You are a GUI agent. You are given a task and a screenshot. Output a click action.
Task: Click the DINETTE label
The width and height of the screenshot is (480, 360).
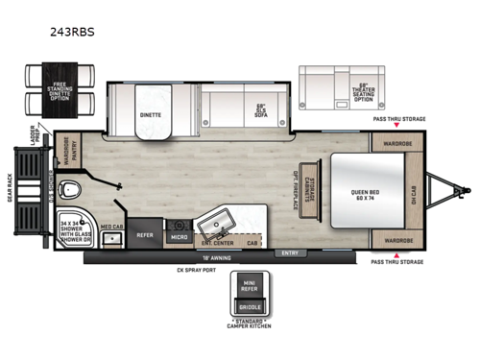[152, 112]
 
